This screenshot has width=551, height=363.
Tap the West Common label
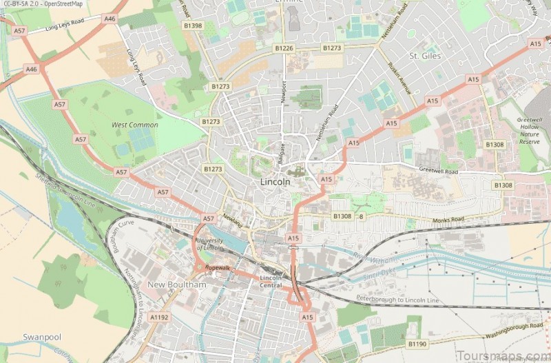135,125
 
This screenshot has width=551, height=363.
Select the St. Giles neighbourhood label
424,55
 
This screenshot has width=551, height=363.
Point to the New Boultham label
177,284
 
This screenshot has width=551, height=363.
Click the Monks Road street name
448,218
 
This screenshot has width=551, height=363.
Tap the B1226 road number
283,48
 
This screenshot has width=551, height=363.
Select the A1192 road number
159,318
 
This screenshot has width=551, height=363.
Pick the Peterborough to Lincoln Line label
396,300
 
